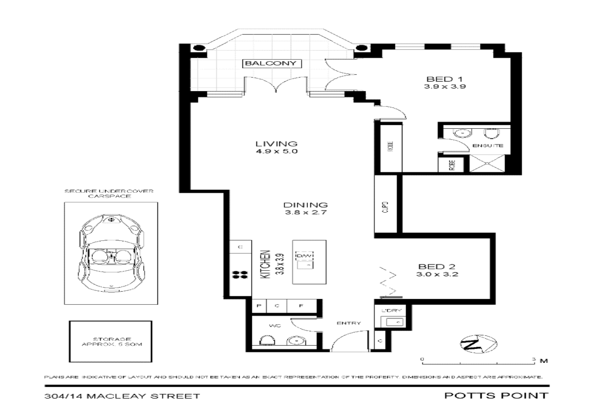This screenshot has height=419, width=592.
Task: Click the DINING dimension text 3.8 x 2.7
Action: tap(306, 213)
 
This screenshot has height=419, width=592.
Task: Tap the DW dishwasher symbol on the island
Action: tap(306, 256)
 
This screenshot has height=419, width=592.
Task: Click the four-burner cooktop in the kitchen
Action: tap(240, 275)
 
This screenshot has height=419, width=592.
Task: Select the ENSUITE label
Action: tap(487, 146)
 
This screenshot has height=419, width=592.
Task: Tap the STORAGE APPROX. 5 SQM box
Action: tap(110, 342)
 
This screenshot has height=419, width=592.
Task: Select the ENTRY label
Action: tap(349, 323)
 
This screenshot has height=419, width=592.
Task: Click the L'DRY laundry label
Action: tap(392, 311)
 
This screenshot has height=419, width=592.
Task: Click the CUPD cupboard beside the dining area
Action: tap(385, 207)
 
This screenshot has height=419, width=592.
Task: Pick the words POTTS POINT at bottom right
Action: tap(496, 395)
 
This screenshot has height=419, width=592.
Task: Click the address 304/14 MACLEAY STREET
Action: tap(122, 396)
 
